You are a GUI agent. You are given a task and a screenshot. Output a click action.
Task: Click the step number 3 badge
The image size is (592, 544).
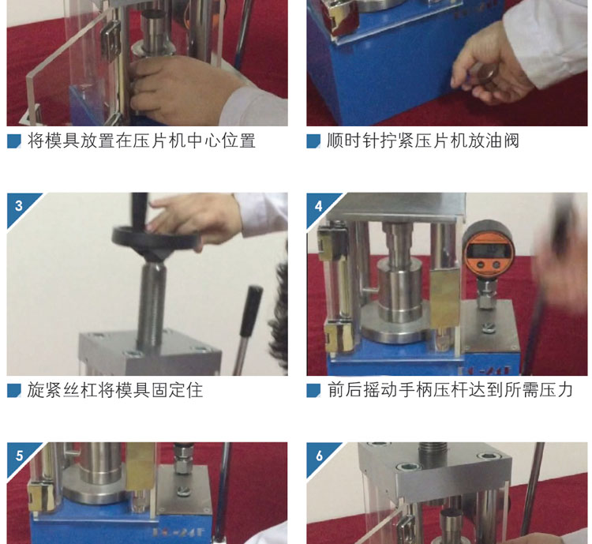[20, 206]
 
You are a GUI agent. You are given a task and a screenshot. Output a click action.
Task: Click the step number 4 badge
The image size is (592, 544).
[320, 206]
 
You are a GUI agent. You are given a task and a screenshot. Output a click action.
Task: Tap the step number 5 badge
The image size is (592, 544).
[20, 456]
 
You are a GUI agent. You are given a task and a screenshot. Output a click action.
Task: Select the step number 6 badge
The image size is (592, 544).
[320, 456]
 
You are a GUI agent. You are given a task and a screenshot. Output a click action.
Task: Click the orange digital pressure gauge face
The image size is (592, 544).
[489, 252]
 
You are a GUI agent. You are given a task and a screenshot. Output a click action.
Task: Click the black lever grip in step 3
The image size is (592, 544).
[251, 310]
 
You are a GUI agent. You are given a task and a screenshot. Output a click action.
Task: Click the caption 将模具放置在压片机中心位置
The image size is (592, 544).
[141, 141]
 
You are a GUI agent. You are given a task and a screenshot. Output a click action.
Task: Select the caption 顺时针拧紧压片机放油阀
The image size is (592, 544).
[423, 141]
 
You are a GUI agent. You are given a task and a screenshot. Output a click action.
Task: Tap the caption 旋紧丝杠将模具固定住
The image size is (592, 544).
[114, 390]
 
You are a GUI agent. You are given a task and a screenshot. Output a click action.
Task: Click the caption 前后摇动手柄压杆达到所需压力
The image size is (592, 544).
[450, 390]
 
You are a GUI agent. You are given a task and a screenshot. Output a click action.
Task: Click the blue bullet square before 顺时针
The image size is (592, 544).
[313, 141]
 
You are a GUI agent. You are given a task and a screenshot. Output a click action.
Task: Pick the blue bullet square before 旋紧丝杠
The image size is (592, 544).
[14, 391]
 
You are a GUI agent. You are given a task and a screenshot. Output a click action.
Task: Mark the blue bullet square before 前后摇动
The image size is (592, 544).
[313, 391]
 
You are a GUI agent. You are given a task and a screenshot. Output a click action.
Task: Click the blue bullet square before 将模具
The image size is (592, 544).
[14, 141]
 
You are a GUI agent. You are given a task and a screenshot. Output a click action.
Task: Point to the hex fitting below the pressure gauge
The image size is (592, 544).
[487, 293]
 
